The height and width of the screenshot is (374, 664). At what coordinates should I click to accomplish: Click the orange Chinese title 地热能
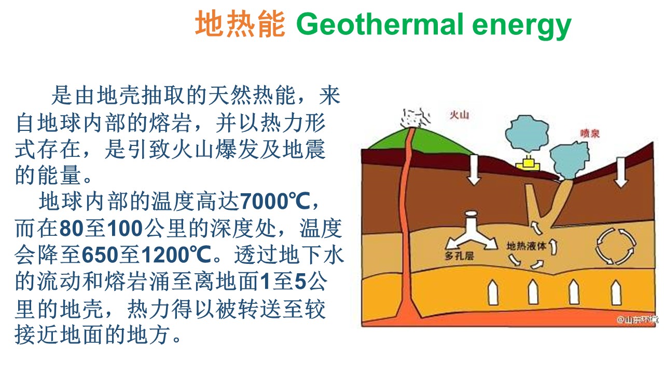coord(240,24)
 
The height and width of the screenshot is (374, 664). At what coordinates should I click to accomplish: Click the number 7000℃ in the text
coord(275,202)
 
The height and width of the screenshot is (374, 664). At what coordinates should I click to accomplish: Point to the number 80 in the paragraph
coord(71,228)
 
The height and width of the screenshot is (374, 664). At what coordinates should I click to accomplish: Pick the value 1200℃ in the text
coord(176,255)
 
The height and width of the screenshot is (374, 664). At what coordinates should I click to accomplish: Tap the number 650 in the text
coord(99,255)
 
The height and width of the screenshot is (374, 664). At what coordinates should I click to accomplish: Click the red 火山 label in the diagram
coord(459,115)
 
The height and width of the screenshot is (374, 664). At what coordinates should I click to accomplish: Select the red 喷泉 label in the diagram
coord(590,133)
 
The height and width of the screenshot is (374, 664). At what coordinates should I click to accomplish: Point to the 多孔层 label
coord(459,256)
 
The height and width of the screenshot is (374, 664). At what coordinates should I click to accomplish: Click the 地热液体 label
coord(526,246)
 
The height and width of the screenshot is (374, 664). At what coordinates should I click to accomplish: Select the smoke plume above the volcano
coord(415,118)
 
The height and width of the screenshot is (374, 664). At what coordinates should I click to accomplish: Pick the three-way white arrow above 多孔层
coord(472,232)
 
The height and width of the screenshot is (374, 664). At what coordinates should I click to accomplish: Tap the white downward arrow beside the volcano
coord(474,169)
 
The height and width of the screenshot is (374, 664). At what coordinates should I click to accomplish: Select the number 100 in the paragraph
coord(125,228)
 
